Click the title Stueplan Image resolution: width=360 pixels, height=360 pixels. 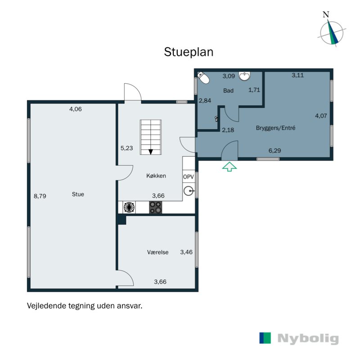[188, 52]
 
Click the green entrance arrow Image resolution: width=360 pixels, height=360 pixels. [229, 166]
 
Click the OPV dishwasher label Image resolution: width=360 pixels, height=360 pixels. [189, 177]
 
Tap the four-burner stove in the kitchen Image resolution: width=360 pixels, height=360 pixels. [156, 207]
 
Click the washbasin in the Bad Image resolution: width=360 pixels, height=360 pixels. [245, 76]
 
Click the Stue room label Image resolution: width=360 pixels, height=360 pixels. [78, 194]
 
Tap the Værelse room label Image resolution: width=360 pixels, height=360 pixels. [157, 252]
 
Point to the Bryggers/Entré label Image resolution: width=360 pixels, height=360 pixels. [275, 128]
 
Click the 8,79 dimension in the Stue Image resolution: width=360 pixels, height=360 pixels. [40, 196]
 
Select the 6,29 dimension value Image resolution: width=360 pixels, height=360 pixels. [274, 151]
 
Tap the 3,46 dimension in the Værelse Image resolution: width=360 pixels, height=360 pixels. [186, 252]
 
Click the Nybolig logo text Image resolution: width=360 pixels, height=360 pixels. [308, 339]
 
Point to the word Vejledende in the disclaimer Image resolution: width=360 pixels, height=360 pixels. [45, 306]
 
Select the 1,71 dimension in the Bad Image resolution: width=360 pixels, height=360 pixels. [254, 90]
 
